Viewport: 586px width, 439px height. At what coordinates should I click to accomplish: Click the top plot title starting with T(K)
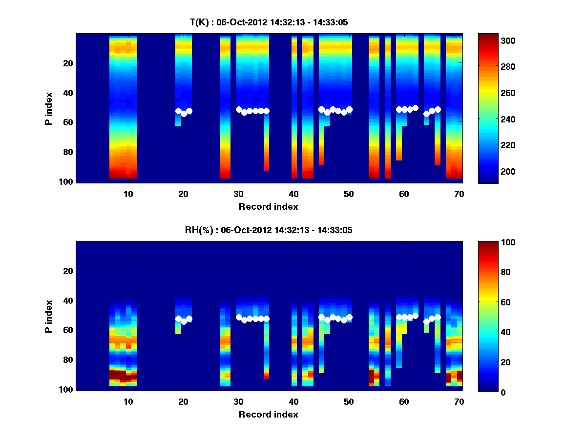click(x=269, y=22)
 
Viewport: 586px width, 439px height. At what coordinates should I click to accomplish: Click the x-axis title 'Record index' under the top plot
click(x=268, y=206)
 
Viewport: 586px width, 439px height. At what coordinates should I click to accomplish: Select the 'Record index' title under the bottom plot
click(x=268, y=414)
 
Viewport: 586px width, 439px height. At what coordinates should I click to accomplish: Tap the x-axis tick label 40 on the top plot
click(x=293, y=194)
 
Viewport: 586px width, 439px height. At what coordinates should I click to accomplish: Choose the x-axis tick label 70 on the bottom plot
click(x=459, y=401)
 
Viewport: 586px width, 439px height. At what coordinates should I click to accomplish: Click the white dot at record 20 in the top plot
click(x=184, y=114)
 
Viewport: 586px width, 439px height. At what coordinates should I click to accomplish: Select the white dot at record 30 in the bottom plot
click(x=239, y=317)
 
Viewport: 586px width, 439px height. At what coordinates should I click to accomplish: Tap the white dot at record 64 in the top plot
click(x=426, y=114)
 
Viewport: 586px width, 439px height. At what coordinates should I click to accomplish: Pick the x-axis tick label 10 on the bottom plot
click(x=128, y=401)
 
